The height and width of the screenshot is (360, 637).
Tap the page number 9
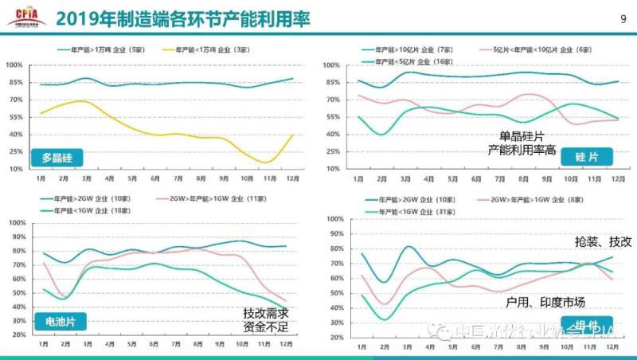[x=622, y=18]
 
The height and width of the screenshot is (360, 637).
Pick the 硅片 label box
[x=585, y=156]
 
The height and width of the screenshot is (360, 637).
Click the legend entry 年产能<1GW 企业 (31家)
[x=414, y=212]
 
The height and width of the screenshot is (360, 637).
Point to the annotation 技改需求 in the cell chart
[x=265, y=313]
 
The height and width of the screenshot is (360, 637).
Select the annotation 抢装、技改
[x=603, y=241]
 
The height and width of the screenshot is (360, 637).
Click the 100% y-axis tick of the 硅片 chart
[x=335, y=65]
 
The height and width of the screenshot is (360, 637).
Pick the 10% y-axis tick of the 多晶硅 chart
[x=15, y=169]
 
